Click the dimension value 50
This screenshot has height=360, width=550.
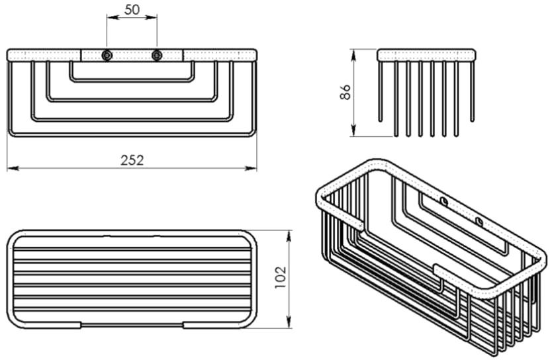click(132, 10)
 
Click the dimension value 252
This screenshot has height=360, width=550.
click(132, 160)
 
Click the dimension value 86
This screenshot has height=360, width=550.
click(345, 92)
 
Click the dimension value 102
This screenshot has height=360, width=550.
click(281, 277)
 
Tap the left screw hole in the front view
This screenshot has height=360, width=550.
click(107, 56)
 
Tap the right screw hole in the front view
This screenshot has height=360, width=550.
click(157, 56)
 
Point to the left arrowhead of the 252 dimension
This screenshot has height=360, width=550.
click(13, 169)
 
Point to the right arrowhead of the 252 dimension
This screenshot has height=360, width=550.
click(251, 169)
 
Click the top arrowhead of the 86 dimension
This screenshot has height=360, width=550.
click(353, 55)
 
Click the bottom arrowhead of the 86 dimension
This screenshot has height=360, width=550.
click(353, 131)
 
